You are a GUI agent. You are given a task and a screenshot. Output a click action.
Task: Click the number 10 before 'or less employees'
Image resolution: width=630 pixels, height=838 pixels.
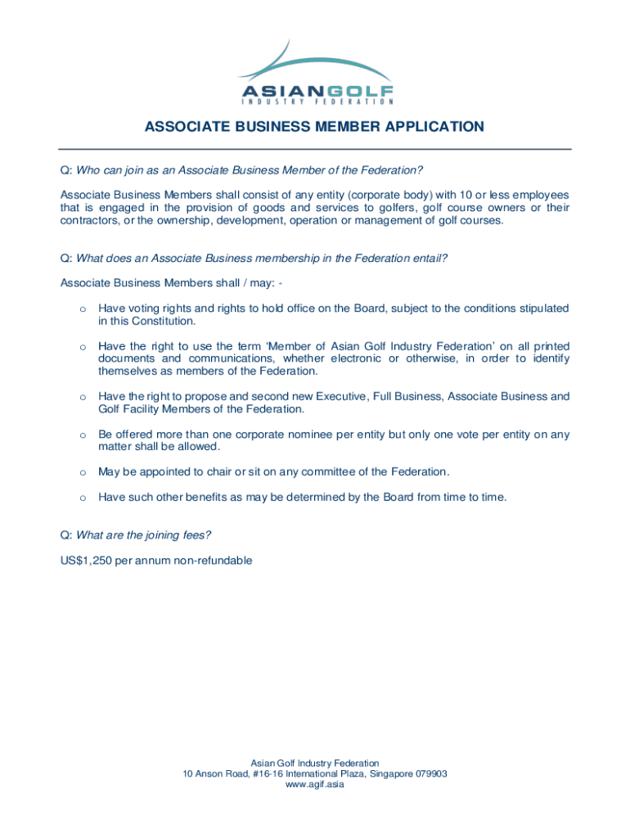tap(440, 195)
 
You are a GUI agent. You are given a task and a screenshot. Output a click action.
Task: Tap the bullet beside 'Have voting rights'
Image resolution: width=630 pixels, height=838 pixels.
tap(82, 309)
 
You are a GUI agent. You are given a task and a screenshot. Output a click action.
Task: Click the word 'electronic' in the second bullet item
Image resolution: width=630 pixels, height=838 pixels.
tap(357, 358)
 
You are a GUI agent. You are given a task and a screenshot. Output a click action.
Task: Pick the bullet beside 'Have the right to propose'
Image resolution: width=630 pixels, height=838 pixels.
tap(82, 398)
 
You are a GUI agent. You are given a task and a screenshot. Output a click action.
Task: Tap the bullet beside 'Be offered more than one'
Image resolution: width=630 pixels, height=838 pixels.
tap(82, 435)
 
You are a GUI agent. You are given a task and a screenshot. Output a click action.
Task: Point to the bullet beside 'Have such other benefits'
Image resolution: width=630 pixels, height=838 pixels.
tap(82, 498)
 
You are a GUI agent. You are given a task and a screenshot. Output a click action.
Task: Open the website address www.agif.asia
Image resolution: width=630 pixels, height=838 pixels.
tap(315, 786)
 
